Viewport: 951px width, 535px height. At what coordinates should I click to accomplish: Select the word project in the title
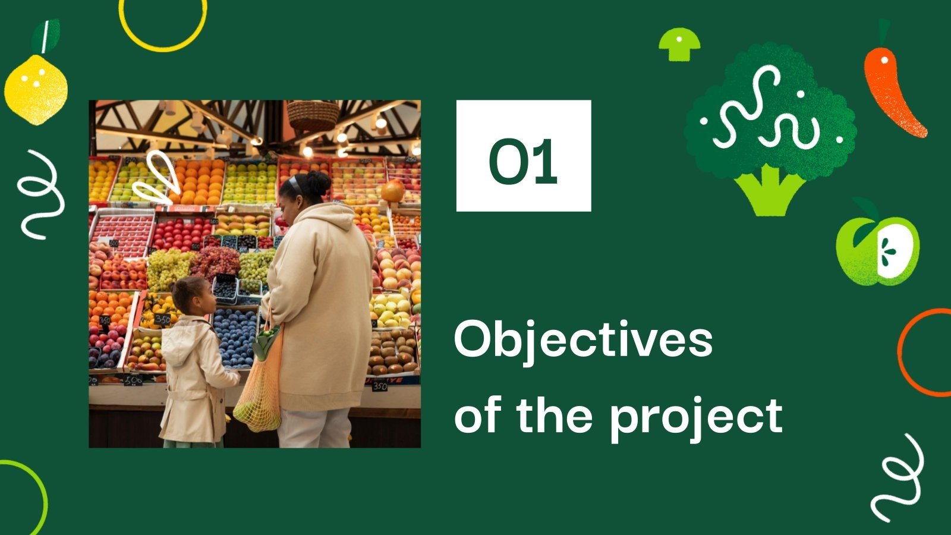click(x=696, y=416)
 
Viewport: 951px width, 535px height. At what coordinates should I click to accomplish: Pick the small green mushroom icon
click(x=679, y=43)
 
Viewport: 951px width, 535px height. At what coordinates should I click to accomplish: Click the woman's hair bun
click(x=318, y=181)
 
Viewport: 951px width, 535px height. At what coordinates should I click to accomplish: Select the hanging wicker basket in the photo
click(x=313, y=114)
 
